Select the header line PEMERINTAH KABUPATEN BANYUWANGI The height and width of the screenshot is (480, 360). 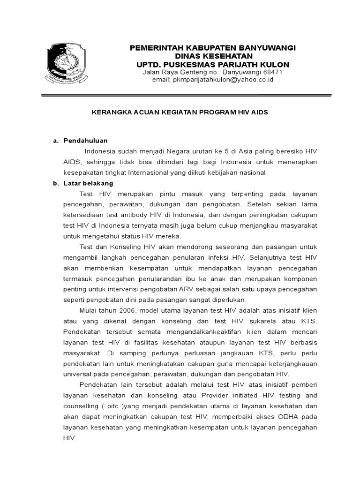point(212,47)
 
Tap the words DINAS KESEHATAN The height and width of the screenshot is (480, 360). point(212,56)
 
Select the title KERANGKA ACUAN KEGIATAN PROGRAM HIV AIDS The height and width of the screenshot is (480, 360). point(179,113)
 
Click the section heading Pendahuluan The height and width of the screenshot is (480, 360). point(86,141)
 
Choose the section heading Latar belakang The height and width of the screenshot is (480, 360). point(88,183)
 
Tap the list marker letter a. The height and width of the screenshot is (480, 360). point(54,141)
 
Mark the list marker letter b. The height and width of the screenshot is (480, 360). point(54,183)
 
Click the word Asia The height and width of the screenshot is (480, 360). point(244,151)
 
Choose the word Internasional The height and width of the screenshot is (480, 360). point(150,172)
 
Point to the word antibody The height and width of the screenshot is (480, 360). point(135,215)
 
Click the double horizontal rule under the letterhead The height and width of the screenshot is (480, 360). point(186,96)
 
